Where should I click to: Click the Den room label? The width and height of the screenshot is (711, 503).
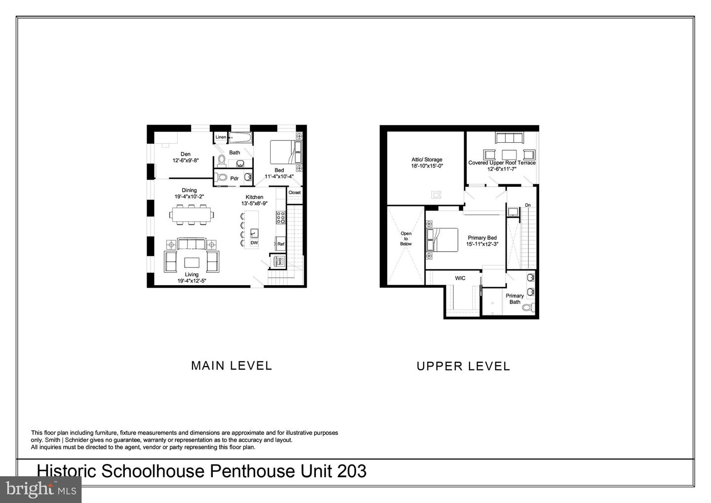[185, 154]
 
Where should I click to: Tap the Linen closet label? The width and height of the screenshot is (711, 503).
[221, 137]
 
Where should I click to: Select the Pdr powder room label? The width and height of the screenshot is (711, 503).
[235, 178]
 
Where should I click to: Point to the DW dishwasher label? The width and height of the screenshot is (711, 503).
[254, 243]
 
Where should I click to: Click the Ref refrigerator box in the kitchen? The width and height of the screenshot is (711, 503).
[280, 244]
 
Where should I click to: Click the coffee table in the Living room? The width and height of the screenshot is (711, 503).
[192, 261]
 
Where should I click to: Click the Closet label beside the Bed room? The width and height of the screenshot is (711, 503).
[294, 193]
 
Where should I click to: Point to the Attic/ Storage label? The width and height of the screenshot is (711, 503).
[427, 160]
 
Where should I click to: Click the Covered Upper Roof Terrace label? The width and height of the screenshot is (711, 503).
[502, 163]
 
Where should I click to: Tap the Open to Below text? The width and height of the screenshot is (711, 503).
[406, 239]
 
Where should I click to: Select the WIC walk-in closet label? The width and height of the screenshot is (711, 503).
[460, 278]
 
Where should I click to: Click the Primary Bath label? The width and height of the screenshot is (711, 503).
[515, 299]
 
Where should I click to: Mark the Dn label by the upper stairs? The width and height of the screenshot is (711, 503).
[528, 205]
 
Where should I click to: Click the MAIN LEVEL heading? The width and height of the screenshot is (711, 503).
[232, 366]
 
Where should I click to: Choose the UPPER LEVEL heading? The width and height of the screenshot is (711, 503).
[463, 366]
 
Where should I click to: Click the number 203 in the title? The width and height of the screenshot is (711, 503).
[352, 471]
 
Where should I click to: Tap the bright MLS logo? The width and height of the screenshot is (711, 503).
[41, 489]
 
